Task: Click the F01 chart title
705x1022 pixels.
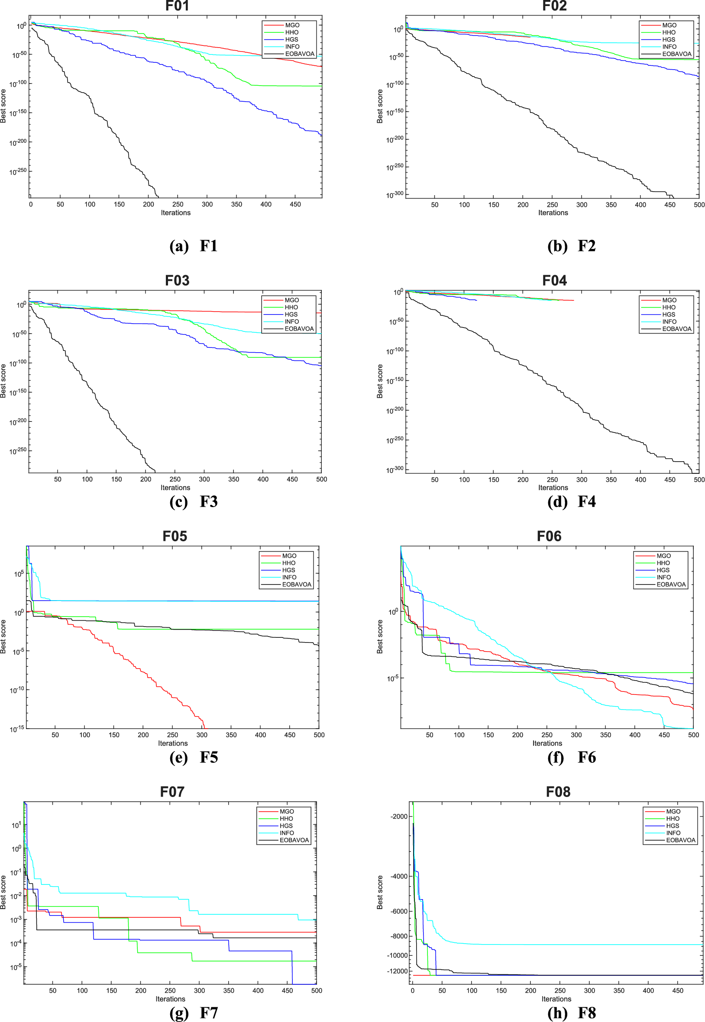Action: (177, 6)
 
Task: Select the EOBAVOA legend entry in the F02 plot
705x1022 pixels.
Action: (676, 54)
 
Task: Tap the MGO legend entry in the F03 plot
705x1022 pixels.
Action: (291, 300)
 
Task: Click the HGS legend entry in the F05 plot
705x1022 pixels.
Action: (288, 570)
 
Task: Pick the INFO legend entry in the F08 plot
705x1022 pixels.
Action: (673, 833)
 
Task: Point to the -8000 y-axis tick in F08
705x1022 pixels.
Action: (399, 936)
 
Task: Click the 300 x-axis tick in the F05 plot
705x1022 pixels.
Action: (202, 735)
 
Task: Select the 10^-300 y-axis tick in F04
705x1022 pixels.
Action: (395, 469)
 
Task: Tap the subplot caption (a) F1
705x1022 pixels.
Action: (194, 246)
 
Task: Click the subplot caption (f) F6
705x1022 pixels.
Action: (572, 757)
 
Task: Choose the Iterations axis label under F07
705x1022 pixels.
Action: (170, 999)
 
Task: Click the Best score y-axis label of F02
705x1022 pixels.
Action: (380, 106)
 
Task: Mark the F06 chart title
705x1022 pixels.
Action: (549, 536)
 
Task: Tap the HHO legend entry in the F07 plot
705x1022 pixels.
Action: (286, 819)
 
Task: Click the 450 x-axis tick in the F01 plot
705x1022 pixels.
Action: (295, 204)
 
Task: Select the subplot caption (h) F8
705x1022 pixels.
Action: (572, 1013)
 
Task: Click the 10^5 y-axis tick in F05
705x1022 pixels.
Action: (19, 574)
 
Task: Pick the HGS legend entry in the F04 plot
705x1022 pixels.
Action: (668, 315)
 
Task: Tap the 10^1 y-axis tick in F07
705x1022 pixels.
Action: (16, 825)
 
